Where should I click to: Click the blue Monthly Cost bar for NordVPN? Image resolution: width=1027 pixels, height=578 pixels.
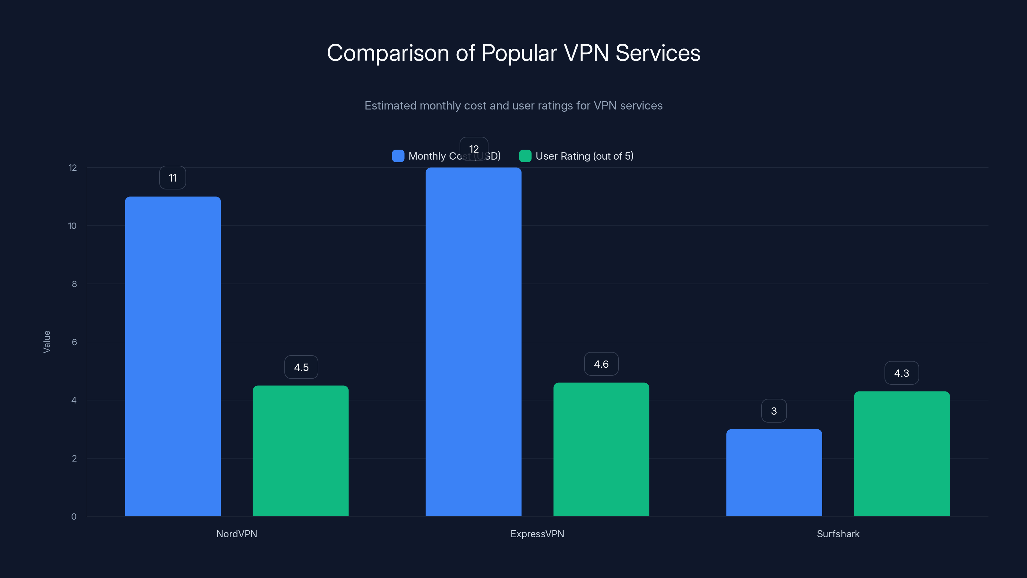pos(173,356)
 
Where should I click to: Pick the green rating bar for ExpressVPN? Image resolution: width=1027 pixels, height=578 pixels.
pos(601,449)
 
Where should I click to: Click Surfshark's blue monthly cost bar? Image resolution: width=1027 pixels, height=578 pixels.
pos(774,472)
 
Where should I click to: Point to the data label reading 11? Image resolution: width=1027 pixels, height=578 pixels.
pos(173,178)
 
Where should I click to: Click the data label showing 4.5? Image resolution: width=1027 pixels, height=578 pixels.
pos(301,367)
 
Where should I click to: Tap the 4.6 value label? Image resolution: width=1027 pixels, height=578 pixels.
pos(601,364)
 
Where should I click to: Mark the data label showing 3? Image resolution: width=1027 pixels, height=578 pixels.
pos(774,411)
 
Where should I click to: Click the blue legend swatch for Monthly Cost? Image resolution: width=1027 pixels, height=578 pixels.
pos(398,156)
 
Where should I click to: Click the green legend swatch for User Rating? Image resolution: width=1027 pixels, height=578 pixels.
pos(525,156)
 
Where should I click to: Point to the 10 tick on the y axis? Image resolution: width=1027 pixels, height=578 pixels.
pos(72,226)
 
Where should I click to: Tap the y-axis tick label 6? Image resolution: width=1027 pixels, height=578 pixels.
pos(74,342)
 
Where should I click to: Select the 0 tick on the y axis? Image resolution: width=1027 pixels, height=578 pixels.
pos(74,517)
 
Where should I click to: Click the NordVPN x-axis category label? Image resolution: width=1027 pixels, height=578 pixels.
pos(237,534)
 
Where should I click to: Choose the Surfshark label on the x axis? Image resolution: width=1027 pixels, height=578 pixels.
pos(838,534)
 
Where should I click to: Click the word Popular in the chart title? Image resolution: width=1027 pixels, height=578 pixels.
pos(519,53)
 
